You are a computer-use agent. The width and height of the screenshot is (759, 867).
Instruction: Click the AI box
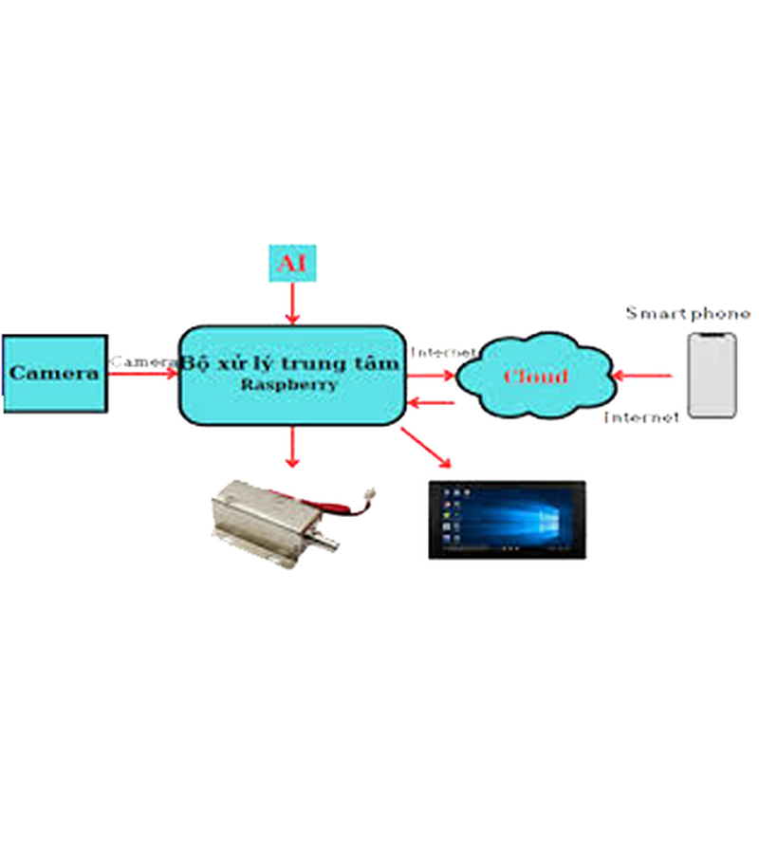click(x=292, y=263)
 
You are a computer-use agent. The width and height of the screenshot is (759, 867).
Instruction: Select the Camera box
click(x=54, y=373)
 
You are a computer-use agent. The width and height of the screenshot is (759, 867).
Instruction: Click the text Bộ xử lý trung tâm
click(x=290, y=363)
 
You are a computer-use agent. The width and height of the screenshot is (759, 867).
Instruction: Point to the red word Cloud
click(x=535, y=377)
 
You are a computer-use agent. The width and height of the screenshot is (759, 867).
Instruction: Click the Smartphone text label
click(x=687, y=313)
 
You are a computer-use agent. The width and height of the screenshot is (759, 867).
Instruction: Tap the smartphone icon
click(x=712, y=375)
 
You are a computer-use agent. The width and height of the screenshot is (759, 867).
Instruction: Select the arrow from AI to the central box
click(x=292, y=304)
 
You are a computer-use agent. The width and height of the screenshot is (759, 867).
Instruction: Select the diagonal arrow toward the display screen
click(x=426, y=448)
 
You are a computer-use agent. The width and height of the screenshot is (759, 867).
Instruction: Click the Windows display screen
click(x=507, y=519)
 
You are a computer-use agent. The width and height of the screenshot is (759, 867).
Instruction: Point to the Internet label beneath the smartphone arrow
click(x=641, y=416)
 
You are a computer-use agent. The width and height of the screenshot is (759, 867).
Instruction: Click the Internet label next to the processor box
click(x=441, y=352)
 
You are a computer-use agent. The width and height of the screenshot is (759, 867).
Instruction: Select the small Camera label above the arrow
click(x=143, y=361)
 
